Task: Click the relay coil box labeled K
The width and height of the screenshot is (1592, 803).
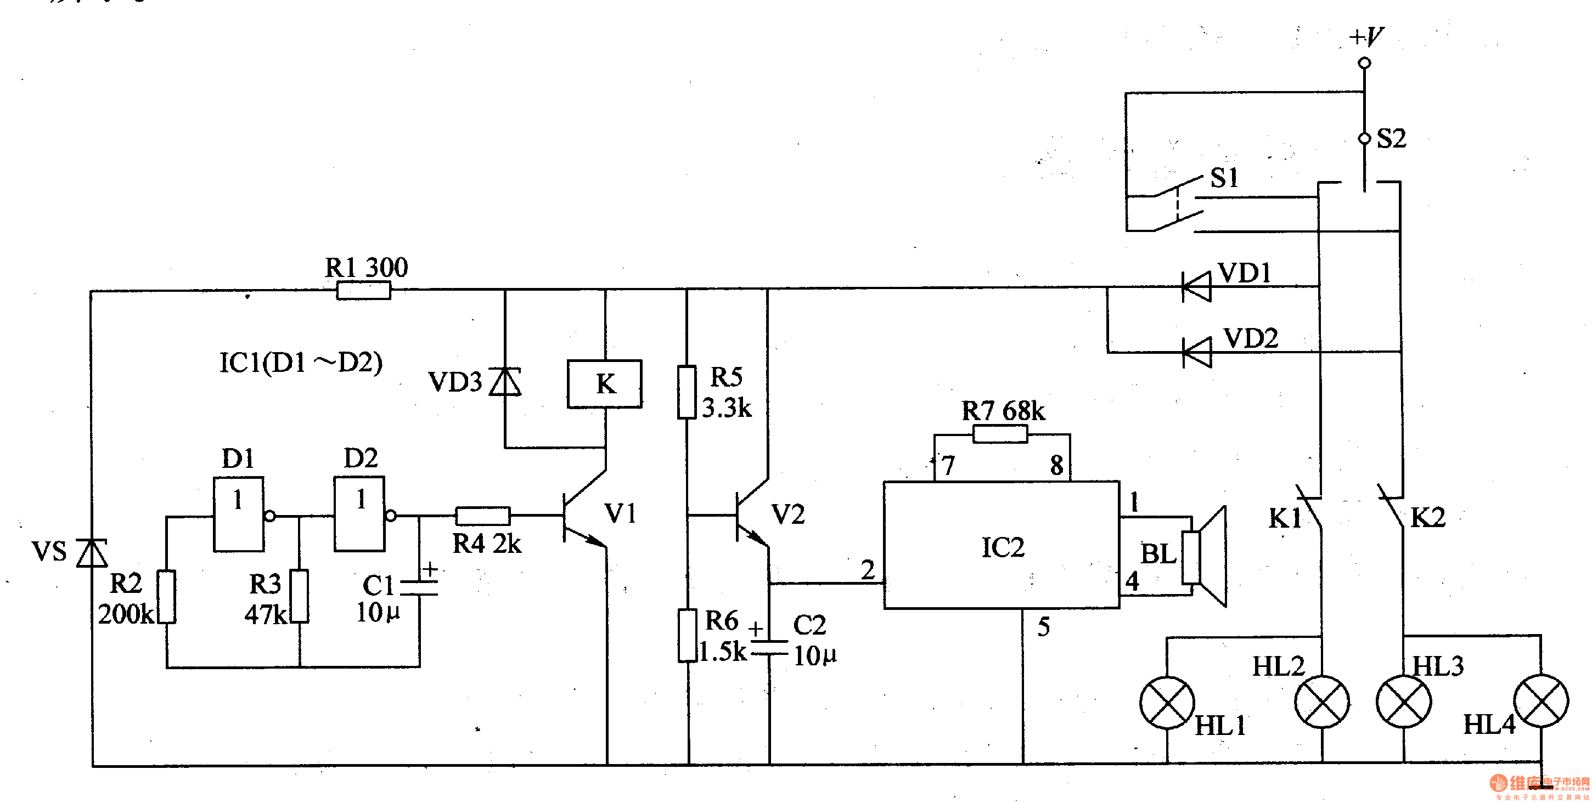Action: click(x=604, y=383)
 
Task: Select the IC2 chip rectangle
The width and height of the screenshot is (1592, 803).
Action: click(x=1001, y=545)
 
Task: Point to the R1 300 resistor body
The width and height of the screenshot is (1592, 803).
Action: click(x=363, y=290)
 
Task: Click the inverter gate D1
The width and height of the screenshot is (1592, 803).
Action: click(x=239, y=514)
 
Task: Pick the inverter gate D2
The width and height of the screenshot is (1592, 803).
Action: click(x=359, y=514)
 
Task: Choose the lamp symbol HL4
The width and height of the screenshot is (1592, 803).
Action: click(x=1541, y=702)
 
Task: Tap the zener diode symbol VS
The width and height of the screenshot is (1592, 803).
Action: click(x=92, y=553)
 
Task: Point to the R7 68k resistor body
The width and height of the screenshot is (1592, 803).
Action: click(x=1000, y=434)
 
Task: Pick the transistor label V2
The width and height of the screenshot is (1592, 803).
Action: click(x=788, y=514)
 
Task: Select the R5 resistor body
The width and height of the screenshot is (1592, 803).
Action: click(x=687, y=392)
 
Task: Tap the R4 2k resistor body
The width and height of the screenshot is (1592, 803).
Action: click(x=483, y=516)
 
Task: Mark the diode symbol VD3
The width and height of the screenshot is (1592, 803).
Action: click(x=505, y=382)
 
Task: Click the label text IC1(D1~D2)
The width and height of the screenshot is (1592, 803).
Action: click(x=301, y=363)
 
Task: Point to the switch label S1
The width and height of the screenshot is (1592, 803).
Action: click(x=1224, y=178)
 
